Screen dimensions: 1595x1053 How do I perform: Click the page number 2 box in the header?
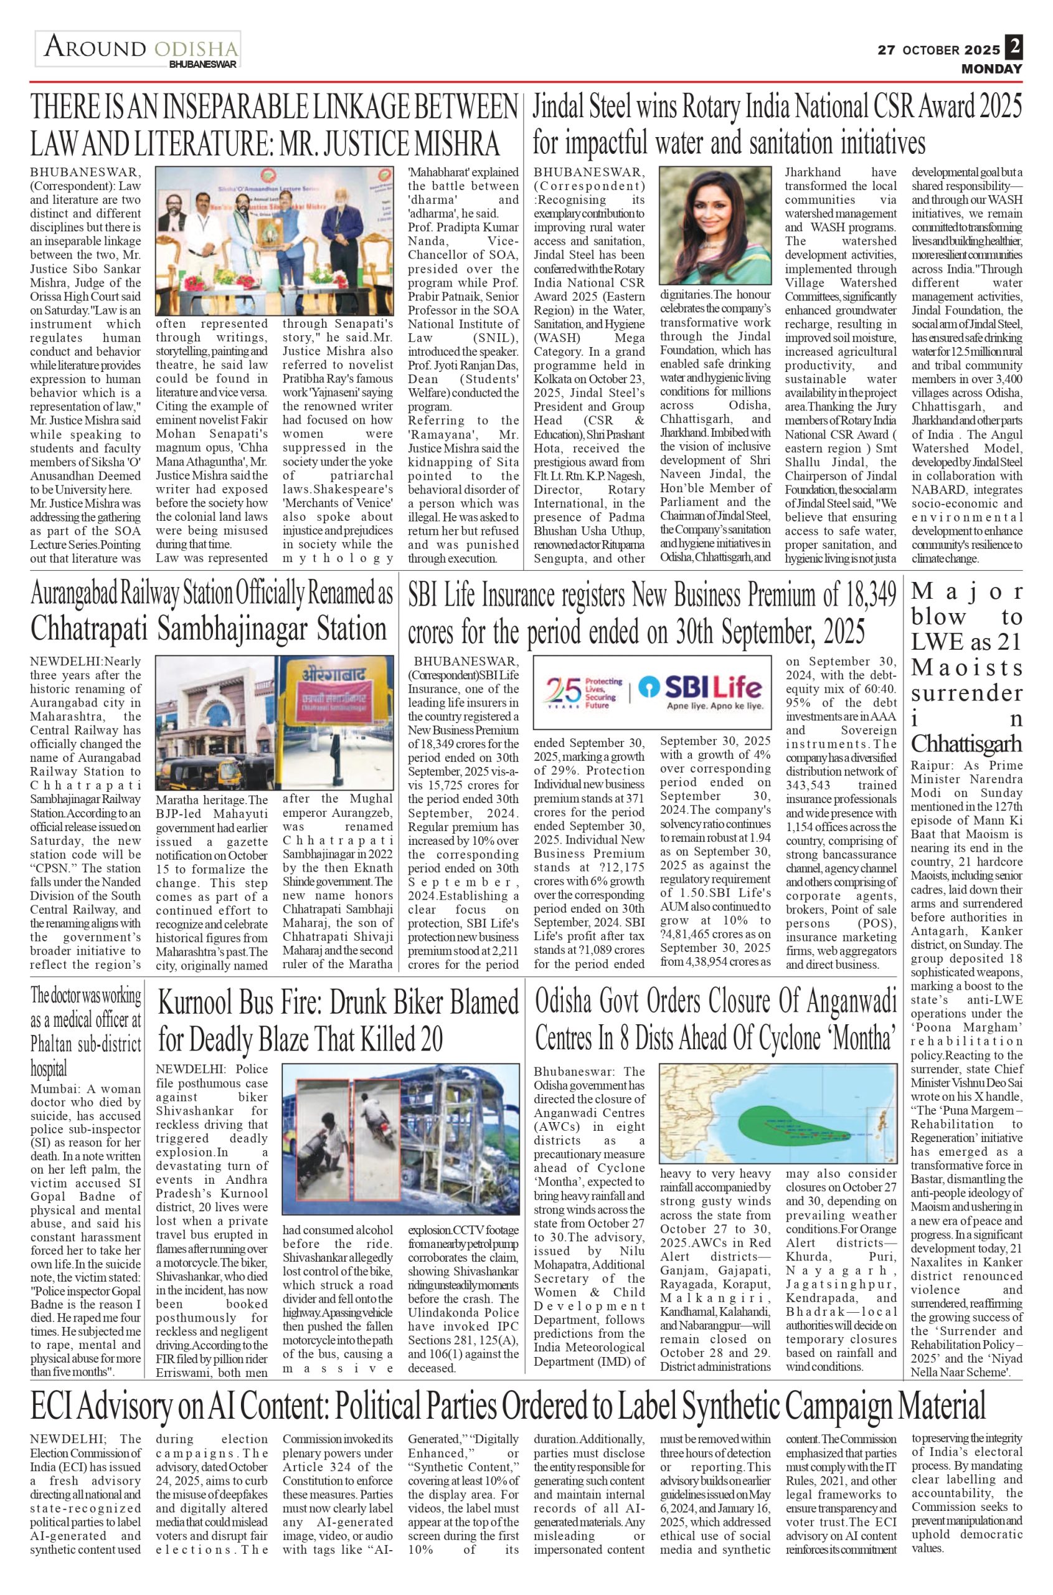pyautogui.click(x=1014, y=47)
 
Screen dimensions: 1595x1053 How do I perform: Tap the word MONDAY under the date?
pyautogui.click(x=991, y=69)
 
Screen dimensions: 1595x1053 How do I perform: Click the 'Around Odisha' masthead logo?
pyautogui.click(x=138, y=49)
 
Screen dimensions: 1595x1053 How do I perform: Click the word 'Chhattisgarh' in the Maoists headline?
pyautogui.click(x=966, y=745)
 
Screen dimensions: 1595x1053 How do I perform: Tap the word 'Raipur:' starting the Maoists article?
pyautogui.click(x=932, y=765)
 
